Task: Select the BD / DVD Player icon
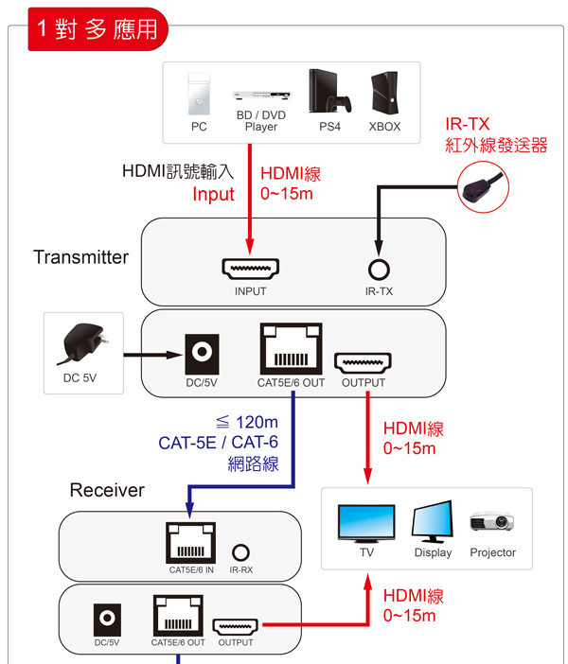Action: pyautogui.click(x=260, y=96)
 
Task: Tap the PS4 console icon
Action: pyautogui.click(x=328, y=91)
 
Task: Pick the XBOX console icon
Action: pyautogui.click(x=384, y=93)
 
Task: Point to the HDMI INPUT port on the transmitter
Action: pyautogui.click(x=250, y=270)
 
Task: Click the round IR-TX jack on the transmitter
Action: pyautogui.click(x=379, y=270)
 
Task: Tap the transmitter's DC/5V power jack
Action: pyautogui.click(x=201, y=353)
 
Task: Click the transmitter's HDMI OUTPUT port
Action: pyautogui.click(x=364, y=361)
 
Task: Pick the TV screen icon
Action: pyautogui.click(x=366, y=522)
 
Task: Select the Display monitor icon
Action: pyautogui.click(x=433, y=522)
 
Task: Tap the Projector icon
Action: pyautogui.click(x=492, y=522)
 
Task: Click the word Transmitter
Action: pyautogui.click(x=80, y=257)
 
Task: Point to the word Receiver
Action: pyautogui.click(x=107, y=490)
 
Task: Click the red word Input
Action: pyautogui.click(x=213, y=194)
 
